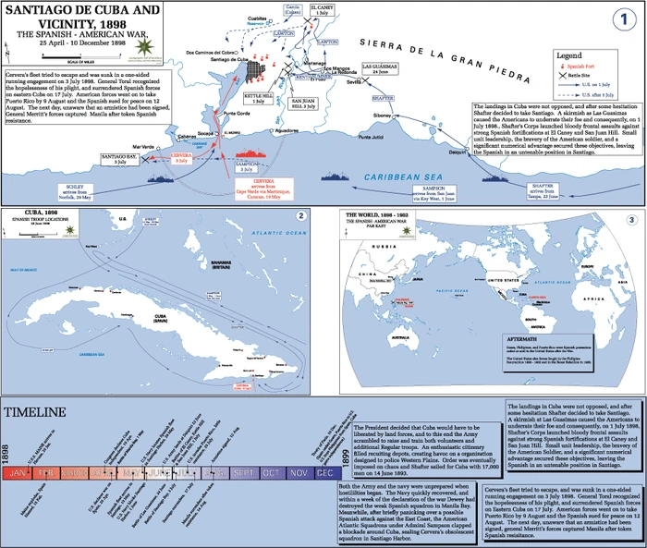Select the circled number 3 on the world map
[x=631, y=219]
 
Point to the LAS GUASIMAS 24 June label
[x=379, y=69]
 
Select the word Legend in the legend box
[x=575, y=55]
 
